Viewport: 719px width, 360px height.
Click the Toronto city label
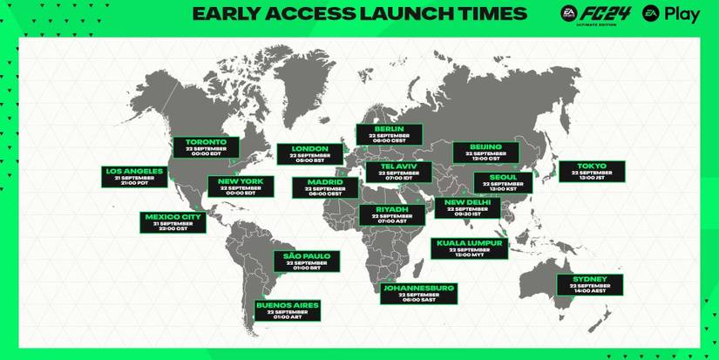pos(206,147)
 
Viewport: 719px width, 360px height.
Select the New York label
pos(241,187)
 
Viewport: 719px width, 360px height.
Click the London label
pos(309,154)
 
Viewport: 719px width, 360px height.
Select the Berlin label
pos(390,133)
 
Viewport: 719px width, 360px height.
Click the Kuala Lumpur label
pos(471,248)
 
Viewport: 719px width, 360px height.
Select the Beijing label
pos(485,151)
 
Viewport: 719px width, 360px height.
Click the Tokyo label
pos(592,171)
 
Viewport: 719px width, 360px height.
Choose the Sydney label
pos(590,284)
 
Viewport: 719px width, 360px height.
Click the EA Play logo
pos(670,14)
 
